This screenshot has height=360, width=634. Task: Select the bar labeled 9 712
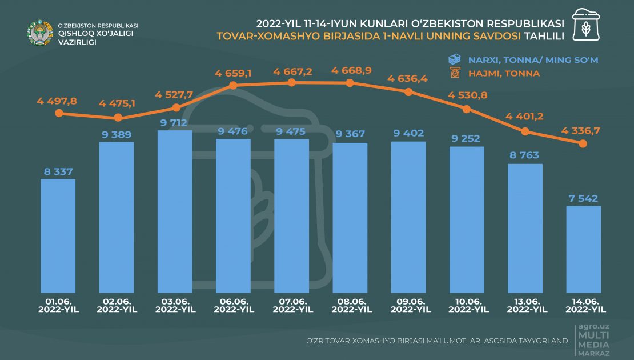pos(175,211)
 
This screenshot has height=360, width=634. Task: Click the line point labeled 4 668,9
pos(350,83)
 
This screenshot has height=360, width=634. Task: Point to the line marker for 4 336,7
pos(583,144)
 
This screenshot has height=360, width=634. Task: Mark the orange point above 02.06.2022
pos(118,118)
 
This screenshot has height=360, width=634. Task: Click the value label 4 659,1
pos(234,73)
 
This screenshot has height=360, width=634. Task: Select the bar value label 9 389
pos(117,135)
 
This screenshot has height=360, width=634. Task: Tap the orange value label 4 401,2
pos(524,117)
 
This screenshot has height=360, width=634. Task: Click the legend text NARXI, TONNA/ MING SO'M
pos(533,59)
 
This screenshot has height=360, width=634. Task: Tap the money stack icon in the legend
pos(455,59)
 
